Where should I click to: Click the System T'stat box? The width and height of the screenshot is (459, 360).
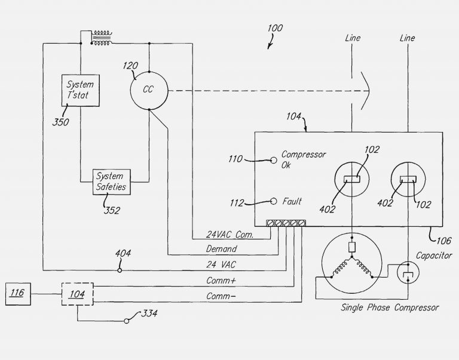(x=80, y=90)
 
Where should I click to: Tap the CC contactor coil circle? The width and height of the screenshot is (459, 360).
(x=149, y=91)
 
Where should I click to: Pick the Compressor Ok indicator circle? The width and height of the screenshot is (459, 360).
(x=274, y=160)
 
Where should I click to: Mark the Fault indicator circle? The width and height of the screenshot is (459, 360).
(x=274, y=201)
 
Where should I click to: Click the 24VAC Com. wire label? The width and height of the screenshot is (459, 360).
(x=230, y=235)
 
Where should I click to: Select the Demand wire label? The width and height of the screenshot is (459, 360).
(x=221, y=249)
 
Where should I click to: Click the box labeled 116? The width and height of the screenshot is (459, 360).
(x=18, y=294)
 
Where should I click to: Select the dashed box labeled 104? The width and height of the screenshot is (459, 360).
(x=77, y=294)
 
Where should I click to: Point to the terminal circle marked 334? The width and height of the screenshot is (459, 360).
(x=127, y=321)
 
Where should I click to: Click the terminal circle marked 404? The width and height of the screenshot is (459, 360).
(x=120, y=270)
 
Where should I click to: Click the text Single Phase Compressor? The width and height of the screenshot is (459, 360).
(x=390, y=308)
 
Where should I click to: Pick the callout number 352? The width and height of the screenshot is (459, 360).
(x=111, y=210)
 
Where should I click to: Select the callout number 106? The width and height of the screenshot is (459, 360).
(x=443, y=241)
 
